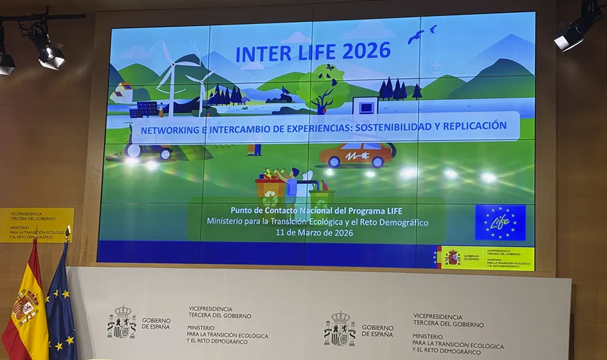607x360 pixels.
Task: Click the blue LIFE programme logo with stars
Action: tap(500, 222)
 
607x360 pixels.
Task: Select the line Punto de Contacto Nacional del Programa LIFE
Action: tap(316, 211)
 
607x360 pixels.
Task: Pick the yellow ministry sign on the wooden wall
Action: tap(37, 225)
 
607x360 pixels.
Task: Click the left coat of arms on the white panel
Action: tap(121, 322)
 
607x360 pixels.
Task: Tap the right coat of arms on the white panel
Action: tap(339, 329)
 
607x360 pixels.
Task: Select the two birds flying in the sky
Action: tap(421, 34)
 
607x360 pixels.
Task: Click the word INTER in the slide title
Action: tap(259, 54)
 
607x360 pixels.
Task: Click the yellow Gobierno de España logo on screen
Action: tap(485, 258)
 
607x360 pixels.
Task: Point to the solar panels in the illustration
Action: tap(147, 109)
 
